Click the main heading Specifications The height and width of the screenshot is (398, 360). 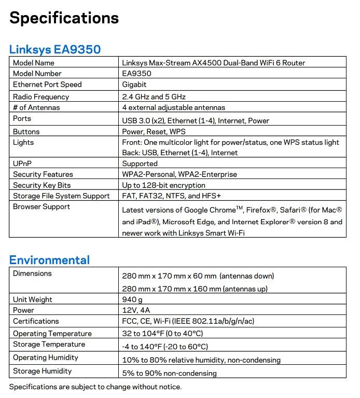tap(64, 18)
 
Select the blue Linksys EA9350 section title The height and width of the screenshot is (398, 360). tap(55, 49)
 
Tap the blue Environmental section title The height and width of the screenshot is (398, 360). tap(49, 260)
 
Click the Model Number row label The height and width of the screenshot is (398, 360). tap(37, 74)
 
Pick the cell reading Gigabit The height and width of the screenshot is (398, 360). tap(134, 85)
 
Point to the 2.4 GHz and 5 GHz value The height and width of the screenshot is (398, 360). tap(154, 97)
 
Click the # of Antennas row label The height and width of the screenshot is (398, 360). tap(36, 107)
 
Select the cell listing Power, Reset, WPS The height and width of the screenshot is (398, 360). tap(154, 132)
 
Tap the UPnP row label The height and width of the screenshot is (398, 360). tap(23, 163)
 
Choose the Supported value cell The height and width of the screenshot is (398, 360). tap(140, 163)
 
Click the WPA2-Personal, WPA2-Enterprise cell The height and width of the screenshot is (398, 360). tap(179, 174)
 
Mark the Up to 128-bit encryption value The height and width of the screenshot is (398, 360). tap(163, 185)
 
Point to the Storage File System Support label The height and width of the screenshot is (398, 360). tap(61, 196)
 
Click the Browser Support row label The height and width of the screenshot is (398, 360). tap(41, 207)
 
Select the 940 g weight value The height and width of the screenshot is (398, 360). tap(132, 299)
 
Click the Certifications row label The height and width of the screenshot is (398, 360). tap(36, 321)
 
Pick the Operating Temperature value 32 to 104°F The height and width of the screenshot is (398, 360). tap(162, 334)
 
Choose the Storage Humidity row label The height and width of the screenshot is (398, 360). tap(43, 371)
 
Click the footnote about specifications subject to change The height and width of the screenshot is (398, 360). tap(95, 387)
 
